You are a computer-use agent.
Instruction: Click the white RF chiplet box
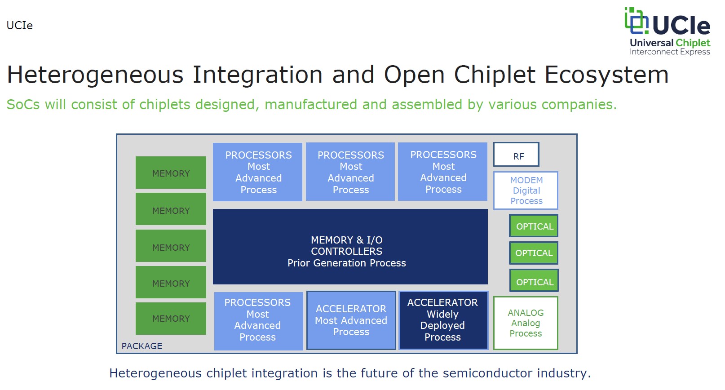coord(516,155)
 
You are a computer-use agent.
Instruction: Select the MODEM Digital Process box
coord(526,191)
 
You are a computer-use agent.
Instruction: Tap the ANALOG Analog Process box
coord(526,323)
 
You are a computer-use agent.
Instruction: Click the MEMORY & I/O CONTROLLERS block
coord(350,247)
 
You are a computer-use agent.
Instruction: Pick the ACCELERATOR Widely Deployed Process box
coord(443,320)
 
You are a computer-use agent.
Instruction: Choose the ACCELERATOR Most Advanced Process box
coord(351,320)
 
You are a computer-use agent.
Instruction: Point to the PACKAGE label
coord(142,346)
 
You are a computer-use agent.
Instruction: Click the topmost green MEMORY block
coord(171,173)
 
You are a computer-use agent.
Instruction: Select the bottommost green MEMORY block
coord(171,319)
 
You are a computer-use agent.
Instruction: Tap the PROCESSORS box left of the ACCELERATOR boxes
coord(258,320)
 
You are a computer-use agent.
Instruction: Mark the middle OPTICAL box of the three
coord(534,253)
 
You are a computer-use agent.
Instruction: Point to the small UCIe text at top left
coord(20,26)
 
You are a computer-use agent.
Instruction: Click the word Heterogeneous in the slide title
coord(96,75)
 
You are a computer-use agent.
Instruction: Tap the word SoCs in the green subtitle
coord(23,105)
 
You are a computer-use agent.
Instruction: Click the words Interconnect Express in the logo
coord(670,52)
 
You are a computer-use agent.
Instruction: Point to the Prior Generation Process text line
coord(347,263)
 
